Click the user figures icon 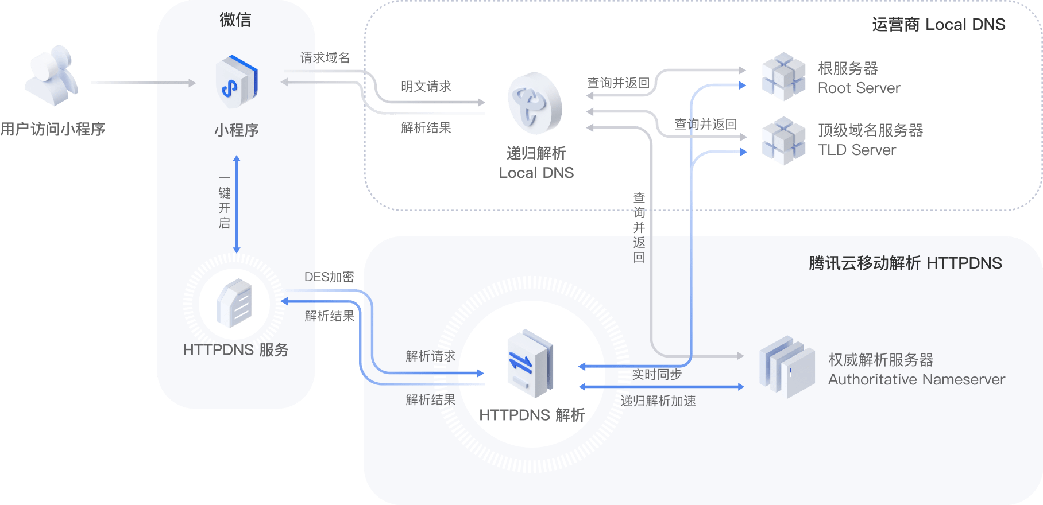point(52,76)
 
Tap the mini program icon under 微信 point(237,81)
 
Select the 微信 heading point(235,20)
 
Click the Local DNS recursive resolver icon point(535,103)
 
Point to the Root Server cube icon point(783,76)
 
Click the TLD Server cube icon point(783,141)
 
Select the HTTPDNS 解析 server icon point(530,364)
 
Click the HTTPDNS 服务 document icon point(234,304)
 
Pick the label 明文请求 point(426,87)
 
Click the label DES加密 point(329,277)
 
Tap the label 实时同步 point(657,375)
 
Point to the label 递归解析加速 point(658,401)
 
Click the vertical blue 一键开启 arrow point(237,204)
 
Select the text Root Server point(859,88)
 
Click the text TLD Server point(857,150)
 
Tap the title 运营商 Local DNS point(939,25)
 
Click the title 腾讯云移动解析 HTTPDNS point(906,263)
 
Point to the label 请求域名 point(325,58)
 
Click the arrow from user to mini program point(144,83)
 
